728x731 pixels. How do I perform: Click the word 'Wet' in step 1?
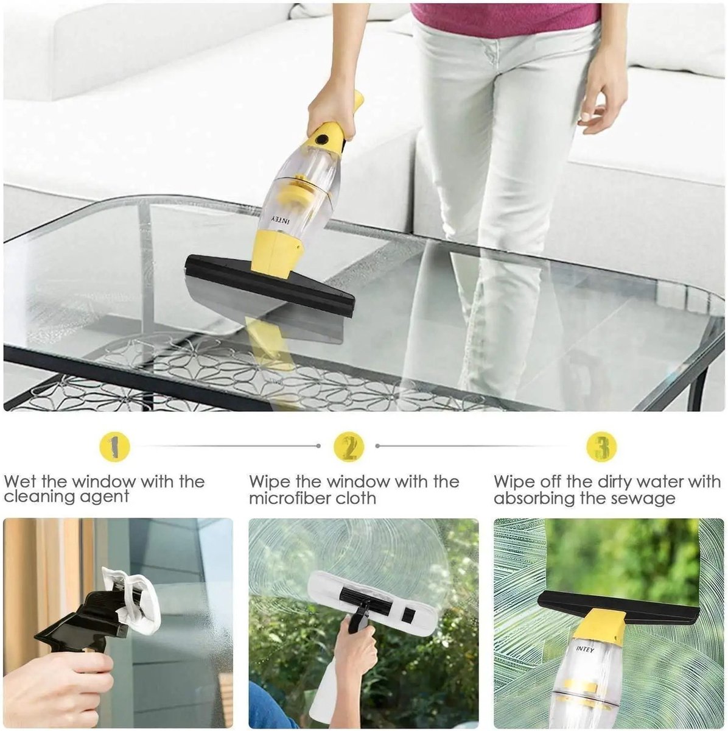(x=21, y=482)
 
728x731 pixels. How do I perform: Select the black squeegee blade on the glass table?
(x=270, y=287)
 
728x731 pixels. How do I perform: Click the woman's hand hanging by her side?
(x=603, y=103)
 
